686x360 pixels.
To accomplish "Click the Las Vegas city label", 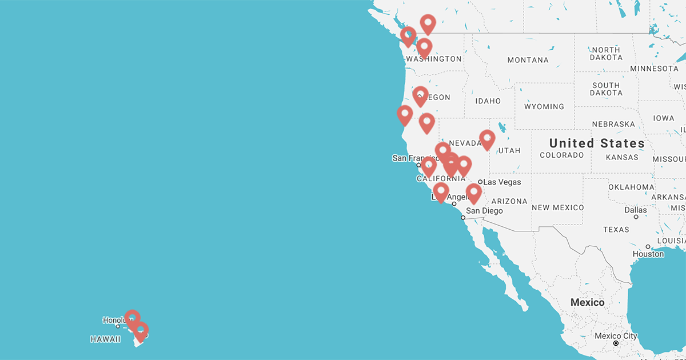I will pos(502,182).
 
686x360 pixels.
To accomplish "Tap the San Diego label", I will pos(484,211).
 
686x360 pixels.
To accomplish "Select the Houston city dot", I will pos(648,247).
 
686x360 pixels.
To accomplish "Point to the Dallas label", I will pos(636,210).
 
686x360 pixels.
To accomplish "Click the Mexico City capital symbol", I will pos(616,344).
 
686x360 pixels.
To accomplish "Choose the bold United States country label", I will pos(597,143).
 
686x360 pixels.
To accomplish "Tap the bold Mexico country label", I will pos(587,302).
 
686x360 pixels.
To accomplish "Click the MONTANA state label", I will pos(528,60).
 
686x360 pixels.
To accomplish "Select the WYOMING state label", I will pos(544,107).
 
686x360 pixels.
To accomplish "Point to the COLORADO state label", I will pos(563,155).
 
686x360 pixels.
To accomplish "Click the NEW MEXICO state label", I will pos(557,207).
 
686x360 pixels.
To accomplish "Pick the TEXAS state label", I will pos(616,230).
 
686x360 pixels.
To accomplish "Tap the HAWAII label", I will pos(106,339).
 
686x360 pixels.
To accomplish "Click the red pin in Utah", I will pos(487,139).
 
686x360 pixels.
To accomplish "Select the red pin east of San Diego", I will pos(473,193).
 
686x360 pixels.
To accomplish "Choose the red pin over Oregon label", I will pos(420,95).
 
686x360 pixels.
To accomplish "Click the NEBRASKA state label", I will pos(613,124).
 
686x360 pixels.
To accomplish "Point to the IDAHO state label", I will pos(488,101).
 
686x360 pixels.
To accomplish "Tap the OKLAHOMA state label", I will pos(631,187).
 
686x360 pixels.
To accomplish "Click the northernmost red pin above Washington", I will pos(428,24).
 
